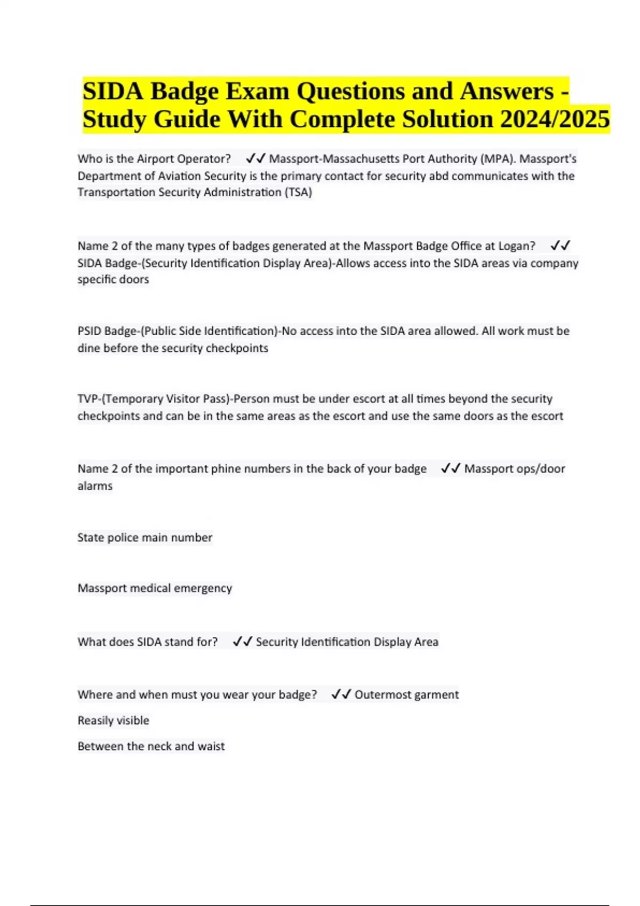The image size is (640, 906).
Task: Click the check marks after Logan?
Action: [560, 246]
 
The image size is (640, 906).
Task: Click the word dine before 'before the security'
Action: [89, 348]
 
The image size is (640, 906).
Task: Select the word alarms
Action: [95, 486]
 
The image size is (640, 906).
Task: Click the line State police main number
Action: [145, 537]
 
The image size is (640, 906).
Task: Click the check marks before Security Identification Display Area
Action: [242, 642]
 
